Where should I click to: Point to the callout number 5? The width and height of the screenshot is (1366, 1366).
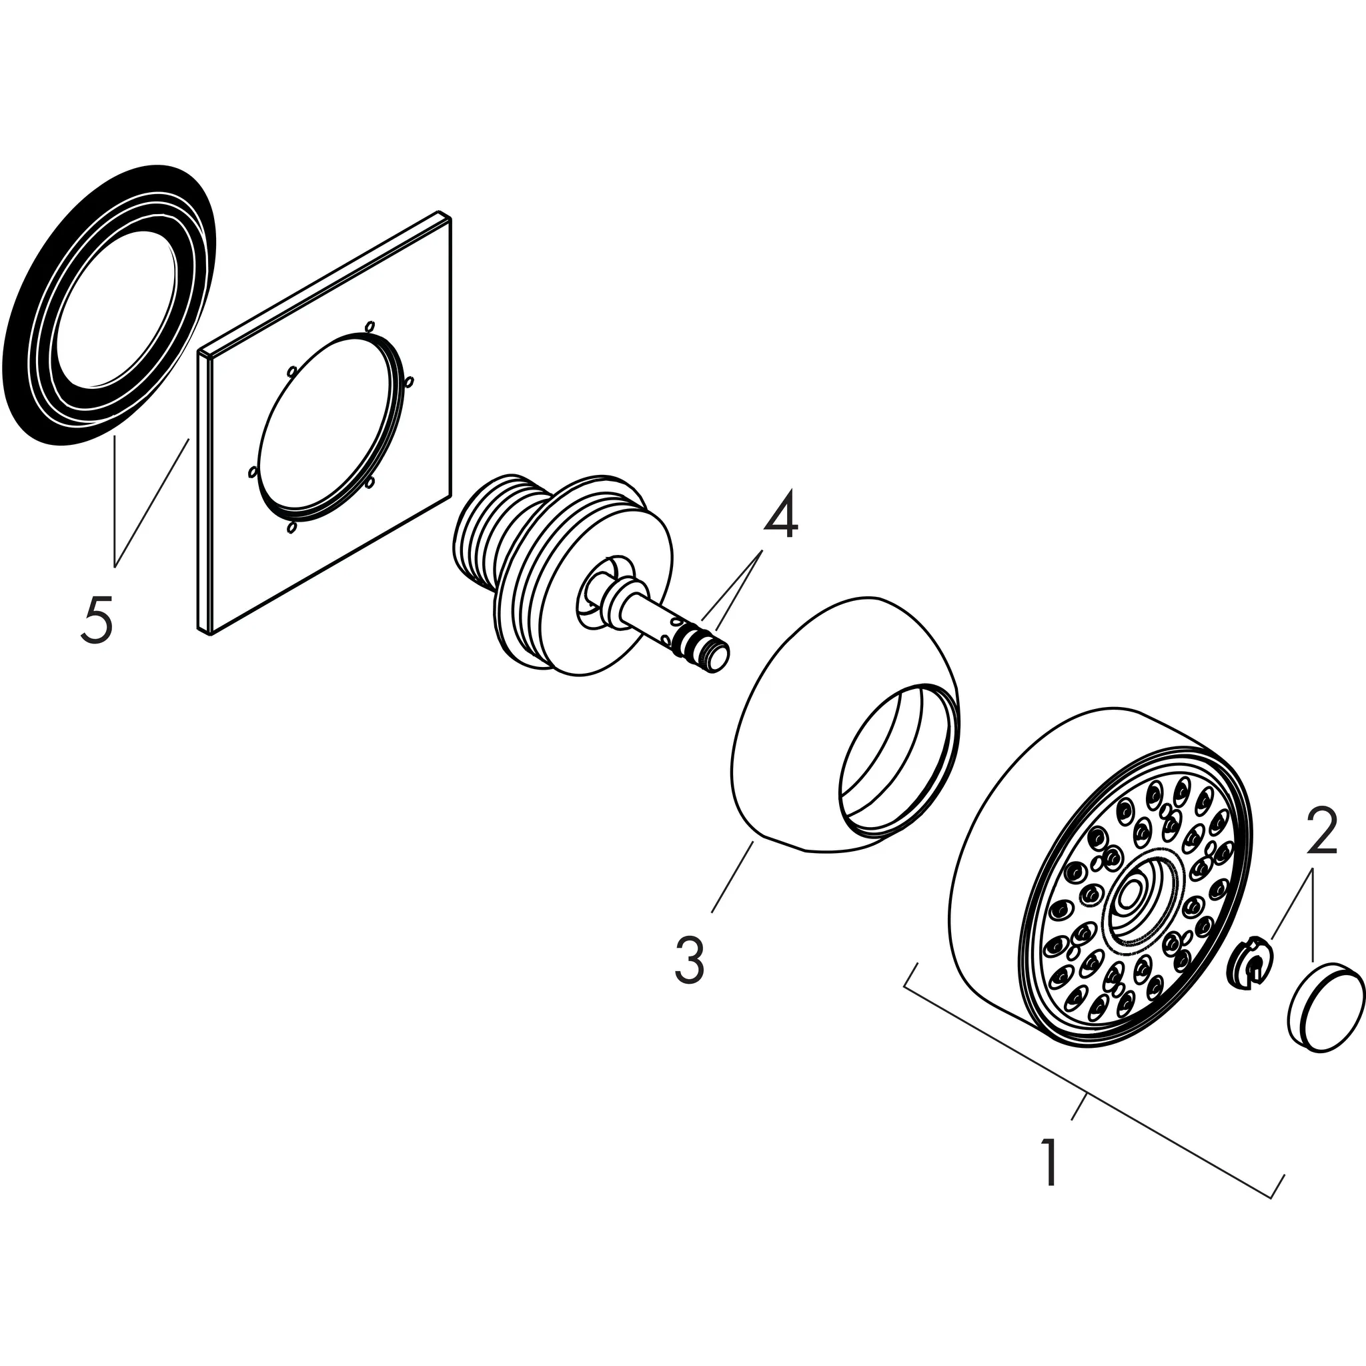click(96, 619)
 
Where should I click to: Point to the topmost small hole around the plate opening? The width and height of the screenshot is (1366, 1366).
click(368, 326)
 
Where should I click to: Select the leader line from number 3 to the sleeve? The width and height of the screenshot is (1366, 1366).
click(732, 875)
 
